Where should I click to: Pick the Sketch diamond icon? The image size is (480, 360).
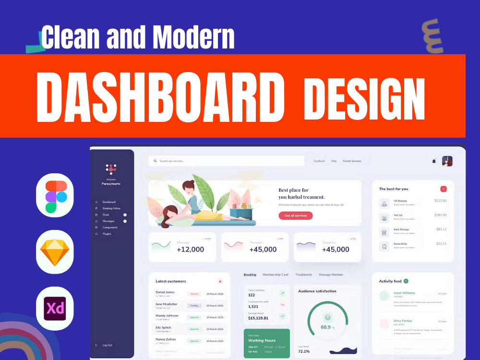[x=55, y=251]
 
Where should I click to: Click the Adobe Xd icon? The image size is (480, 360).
[x=55, y=308]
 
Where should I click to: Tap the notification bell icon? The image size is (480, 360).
[x=434, y=161]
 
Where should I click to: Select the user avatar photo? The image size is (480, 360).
[x=447, y=161]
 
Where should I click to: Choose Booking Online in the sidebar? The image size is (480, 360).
[x=111, y=208]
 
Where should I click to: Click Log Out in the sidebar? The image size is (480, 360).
[x=107, y=345]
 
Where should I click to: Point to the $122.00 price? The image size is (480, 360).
[x=440, y=201]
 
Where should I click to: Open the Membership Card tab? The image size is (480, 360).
[x=275, y=275]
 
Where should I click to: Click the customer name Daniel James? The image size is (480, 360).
[x=165, y=292]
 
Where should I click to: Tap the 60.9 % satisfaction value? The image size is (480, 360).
[x=327, y=327]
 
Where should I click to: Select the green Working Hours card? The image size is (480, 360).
[x=266, y=343]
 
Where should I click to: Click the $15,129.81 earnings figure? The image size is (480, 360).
[x=258, y=318]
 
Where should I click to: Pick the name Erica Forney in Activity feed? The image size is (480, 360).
[x=403, y=321]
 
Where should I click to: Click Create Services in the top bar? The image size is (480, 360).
[x=352, y=161]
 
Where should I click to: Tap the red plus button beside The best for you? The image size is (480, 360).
[x=443, y=189]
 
